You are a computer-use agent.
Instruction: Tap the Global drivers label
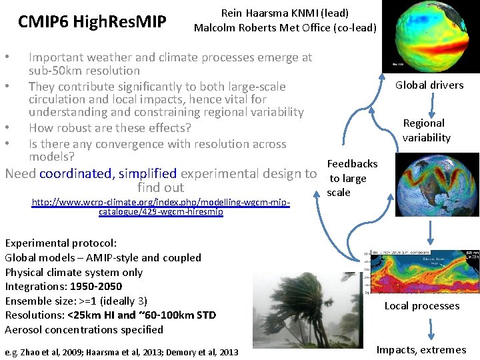tap(429, 85)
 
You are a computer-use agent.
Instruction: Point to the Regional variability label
tap(427, 130)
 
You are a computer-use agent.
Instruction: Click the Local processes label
tap(421, 306)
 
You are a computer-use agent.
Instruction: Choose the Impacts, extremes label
tap(421, 349)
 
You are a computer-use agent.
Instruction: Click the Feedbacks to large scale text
tap(352, 178)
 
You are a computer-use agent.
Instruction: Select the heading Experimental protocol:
tap(61, 243)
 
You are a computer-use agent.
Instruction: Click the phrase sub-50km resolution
tap(84, 71)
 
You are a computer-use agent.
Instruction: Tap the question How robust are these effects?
tap(110, 128)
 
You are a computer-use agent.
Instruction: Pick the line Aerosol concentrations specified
tap(84, 329)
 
